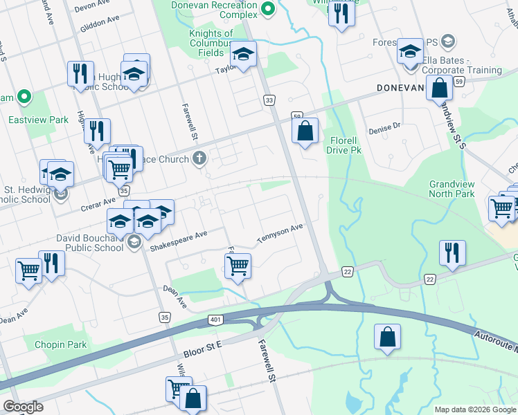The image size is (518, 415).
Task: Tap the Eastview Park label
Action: point(38,120)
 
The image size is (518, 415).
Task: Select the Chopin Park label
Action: point(62,344)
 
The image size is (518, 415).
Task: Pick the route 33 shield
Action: point(269,101)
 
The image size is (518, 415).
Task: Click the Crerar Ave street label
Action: point(100,202)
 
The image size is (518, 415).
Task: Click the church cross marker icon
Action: point(199,159)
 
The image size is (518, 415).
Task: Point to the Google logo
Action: point(23,407)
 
